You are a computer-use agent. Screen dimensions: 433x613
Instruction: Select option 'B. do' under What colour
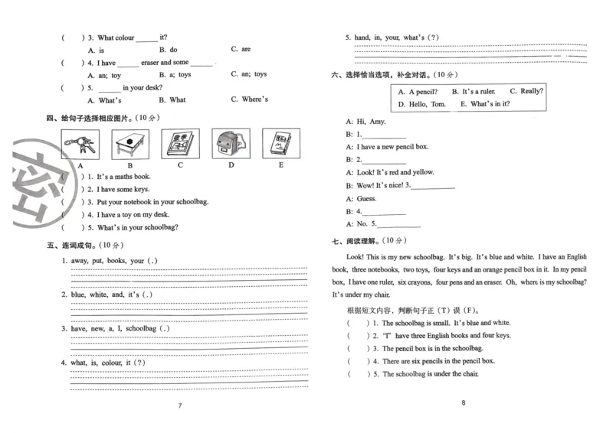(x=168, y=50)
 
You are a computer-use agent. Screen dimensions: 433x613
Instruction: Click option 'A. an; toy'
(x=104, y=75)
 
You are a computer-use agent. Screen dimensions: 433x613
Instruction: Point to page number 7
(x=180, y=405)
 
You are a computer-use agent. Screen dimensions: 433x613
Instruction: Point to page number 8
(x=464, y=403)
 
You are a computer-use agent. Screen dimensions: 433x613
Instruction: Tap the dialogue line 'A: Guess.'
(x=361, y=198)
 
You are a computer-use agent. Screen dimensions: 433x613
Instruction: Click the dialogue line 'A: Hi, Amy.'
(x=366, y=121)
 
